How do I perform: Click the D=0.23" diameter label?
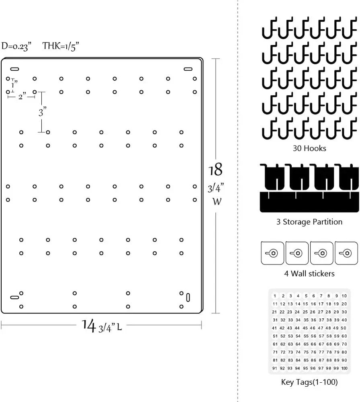tap(16, 46)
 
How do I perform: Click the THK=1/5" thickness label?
tap(61, 46)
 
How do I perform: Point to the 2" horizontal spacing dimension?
tap(22, 96)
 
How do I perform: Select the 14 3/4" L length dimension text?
tap(102, 326)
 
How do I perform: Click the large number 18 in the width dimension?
tap(215, 170)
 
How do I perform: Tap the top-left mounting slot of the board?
tap(14, 69)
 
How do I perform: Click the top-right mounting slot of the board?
tap(188, 69)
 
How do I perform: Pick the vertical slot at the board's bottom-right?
tap(188, 297)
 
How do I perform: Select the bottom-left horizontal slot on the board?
tap(14, 297)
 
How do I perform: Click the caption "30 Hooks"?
tap(309, 148)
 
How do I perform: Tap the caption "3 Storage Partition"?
tap(309, 222)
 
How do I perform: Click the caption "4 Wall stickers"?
tap(309, 273)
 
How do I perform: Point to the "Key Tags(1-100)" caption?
tap(309, 382)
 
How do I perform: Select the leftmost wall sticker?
tap(272, 253)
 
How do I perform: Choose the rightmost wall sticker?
tap(346, 253)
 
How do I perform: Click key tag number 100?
tap(344, 368)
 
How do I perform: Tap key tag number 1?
tap(275, 296)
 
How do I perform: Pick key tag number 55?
tap(306, 336)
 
